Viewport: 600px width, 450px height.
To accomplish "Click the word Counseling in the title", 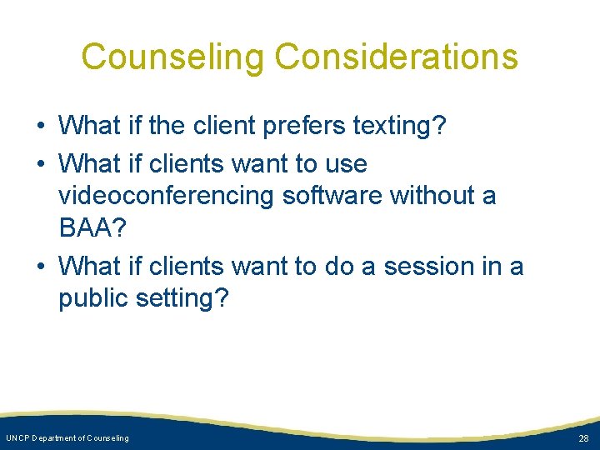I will (172, 57).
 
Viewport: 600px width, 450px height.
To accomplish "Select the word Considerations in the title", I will (396, 57).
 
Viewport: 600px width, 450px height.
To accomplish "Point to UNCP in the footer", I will (17, 438).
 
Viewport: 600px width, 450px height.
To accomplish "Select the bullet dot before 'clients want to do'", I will (40, 267).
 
